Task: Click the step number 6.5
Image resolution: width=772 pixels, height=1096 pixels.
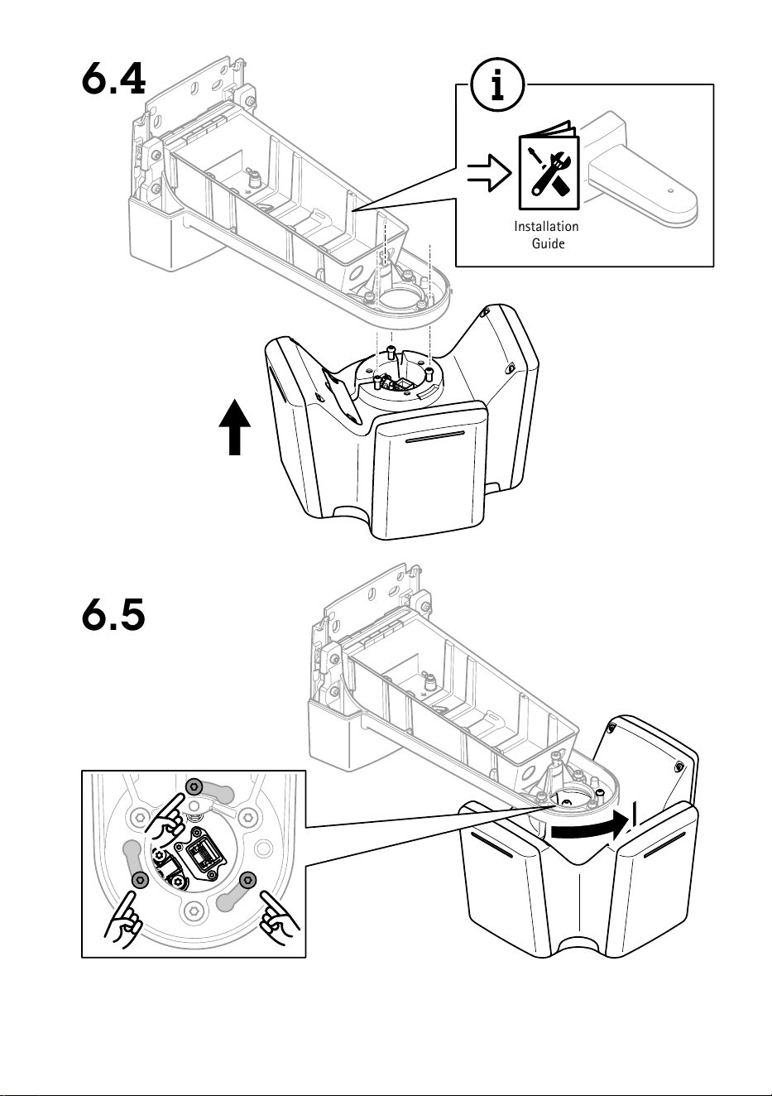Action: click(x=113, y=614)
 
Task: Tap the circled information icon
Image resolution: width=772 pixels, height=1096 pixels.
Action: click(x=497, y=84)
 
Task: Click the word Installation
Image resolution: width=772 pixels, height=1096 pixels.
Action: click(x=546, y=227)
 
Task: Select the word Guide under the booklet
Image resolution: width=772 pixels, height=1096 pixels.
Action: click(x=548, y=243)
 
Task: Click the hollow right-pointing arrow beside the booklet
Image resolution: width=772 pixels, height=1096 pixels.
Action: click(x=489, y=173)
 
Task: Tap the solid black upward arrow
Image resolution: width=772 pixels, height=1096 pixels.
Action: click(x=235, y=426)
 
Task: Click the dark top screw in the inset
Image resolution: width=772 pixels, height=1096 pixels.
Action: click(x=194, y=786)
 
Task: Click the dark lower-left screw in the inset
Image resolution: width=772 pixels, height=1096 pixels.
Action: click(x=141, y=879)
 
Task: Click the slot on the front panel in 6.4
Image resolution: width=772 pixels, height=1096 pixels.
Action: click(x=434, y=440)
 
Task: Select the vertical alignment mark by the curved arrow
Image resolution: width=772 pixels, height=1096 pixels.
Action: click(x=635, y=815)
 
